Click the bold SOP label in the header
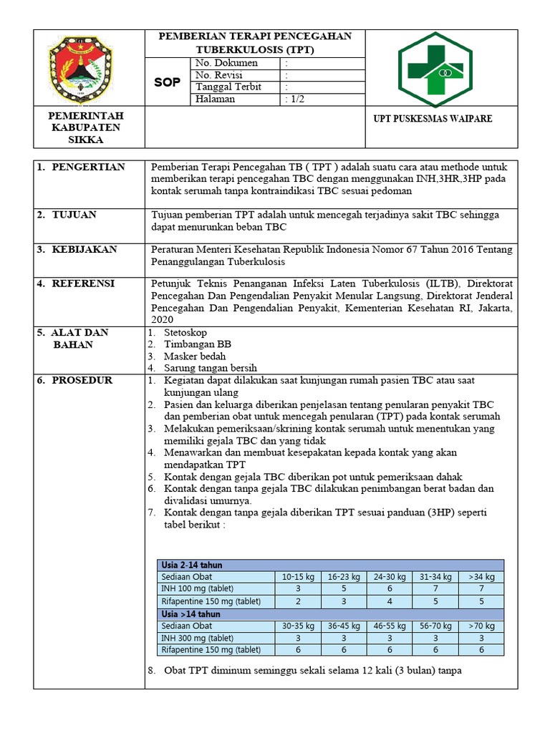[x=168, y=82]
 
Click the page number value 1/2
[x=294, y=99]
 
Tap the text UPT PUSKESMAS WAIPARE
[x=434, y=119]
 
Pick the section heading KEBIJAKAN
[x=84, y=249]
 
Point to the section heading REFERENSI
[x=83, y=283]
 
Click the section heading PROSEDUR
[x=81, y=380]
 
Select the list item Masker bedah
[x=195, y=356]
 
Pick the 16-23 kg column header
[x=344, y=576]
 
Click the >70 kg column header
[x=481, y=626]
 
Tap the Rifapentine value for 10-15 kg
[x=298, y=601]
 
